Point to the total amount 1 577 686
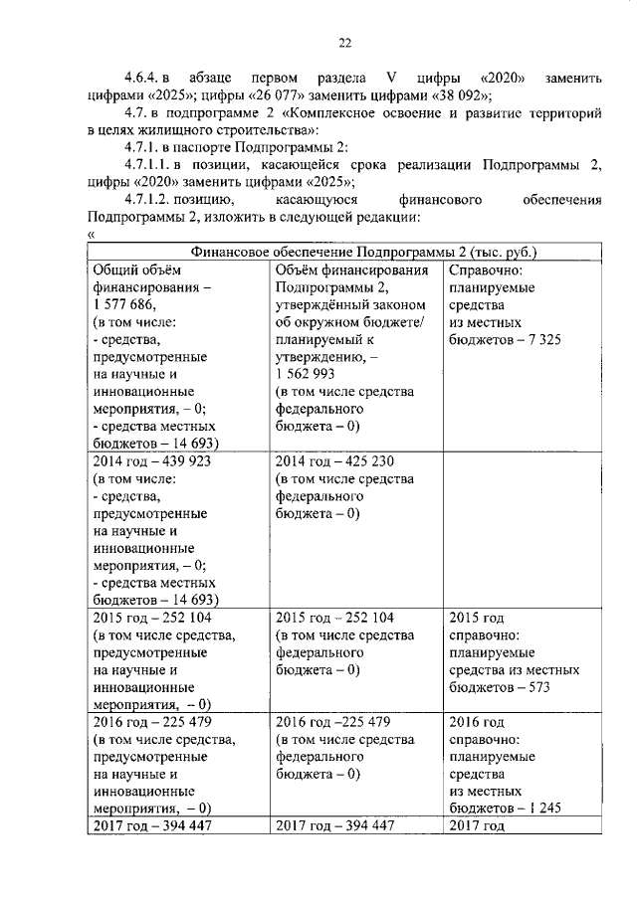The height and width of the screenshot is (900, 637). pos(125,305)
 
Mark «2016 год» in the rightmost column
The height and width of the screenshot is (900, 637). pos(478,720)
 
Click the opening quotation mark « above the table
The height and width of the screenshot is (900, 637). pos(91,235)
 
